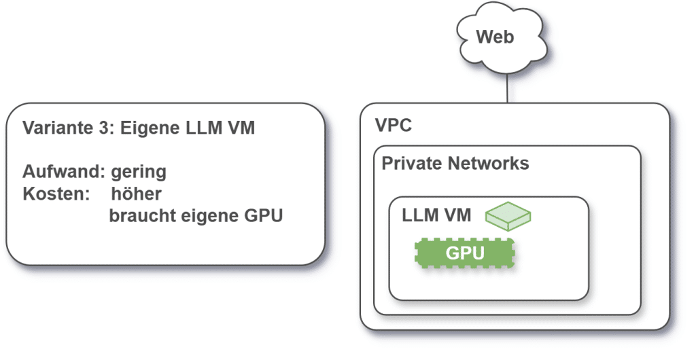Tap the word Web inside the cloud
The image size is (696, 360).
pos(495,37)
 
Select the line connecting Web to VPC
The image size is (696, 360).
pos(507,88)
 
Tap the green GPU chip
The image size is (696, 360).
pos(465,253)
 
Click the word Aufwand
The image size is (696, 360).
pos(63,171)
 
